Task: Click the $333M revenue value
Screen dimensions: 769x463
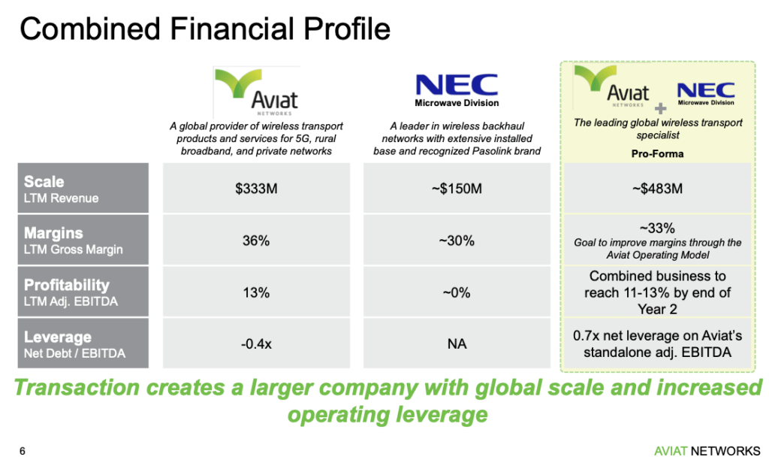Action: point(256,189)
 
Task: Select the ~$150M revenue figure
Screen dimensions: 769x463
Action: point(457,189)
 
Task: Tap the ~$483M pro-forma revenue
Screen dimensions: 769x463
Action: point(657,189)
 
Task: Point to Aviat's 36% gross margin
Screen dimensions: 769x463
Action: point(256,241)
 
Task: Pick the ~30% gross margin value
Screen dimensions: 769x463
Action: point(457,241)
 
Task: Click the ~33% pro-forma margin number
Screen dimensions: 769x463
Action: point(657,228)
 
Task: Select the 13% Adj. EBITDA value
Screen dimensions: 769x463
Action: point(256,292)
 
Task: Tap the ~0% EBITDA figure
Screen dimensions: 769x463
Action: point(457,292)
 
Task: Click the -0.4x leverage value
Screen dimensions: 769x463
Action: point(256,343)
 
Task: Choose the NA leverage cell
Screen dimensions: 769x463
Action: point(457,343)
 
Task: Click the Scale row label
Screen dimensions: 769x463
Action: point(44,182)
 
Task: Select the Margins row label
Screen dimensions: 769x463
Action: point(53,233)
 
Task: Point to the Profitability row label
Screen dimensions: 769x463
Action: point(67,285)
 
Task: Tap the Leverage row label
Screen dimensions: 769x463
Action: point(57,337)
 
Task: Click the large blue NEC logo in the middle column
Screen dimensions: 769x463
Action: point(457,84)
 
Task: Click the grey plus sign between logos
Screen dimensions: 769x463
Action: point(661,108)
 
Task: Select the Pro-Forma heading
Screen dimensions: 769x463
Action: point(657,153)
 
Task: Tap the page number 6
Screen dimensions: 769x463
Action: point(23,451)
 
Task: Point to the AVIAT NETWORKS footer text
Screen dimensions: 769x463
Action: point(707,451)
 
